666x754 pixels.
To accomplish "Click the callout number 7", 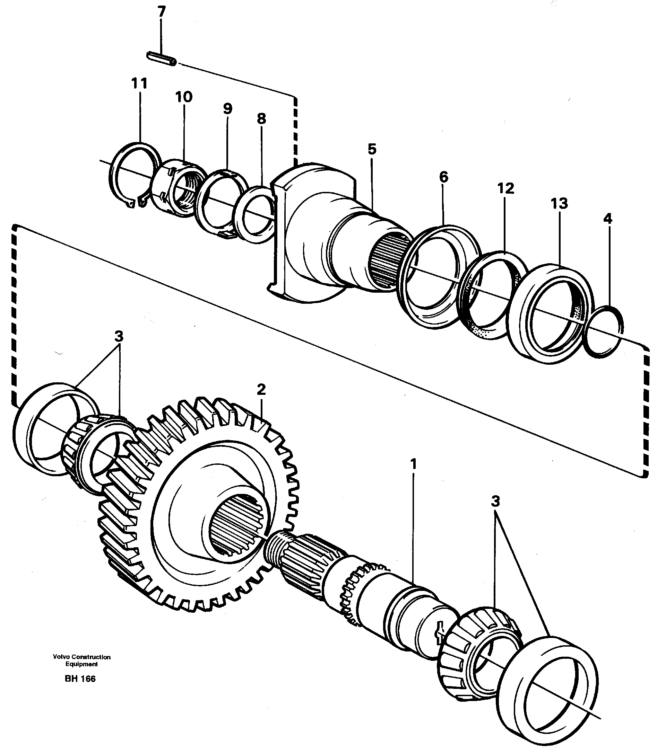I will pyautogui.click(x=161, y=12).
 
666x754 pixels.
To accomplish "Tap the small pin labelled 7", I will pyautogui.click(x=162, y=59).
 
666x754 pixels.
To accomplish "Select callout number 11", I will pyautogui.click(x=139, y=83).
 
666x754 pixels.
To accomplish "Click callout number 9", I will pyautogui.click(x=227, y=109).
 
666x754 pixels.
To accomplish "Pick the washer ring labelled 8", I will pyautogui.click(x=255, y=214).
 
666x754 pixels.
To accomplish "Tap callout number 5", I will pyautogui.click(x=372, y=149).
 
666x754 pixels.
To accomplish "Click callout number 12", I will pyautogui.click(x=505, y=189).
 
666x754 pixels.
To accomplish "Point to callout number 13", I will pyautogui.click(x=559, y=204).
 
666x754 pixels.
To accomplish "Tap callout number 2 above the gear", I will pyautogui.click(x=261, y=390).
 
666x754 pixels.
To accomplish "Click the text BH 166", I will pyautogui.click(x=80, y=679).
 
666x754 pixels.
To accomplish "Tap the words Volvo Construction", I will pyautogui.click(x=81, y=657).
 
